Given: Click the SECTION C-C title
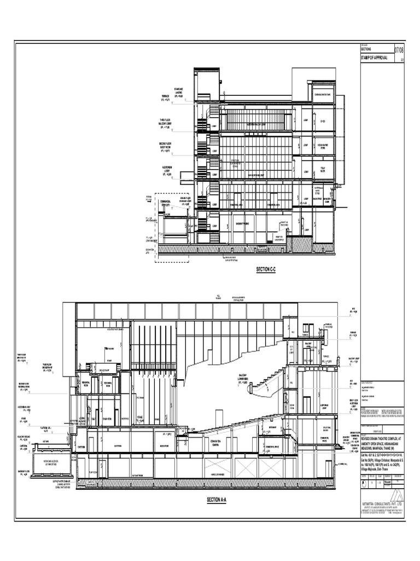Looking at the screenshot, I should tap(267, 270).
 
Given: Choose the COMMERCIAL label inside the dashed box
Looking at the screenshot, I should tap(166, 202).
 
